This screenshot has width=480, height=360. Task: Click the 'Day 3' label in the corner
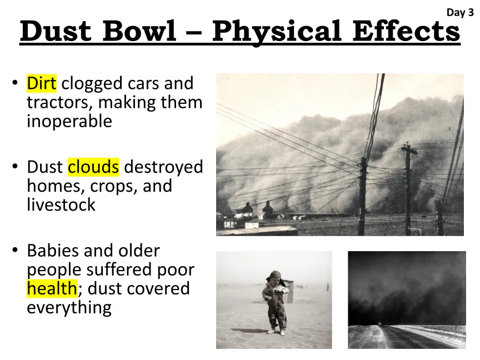click(460, 13)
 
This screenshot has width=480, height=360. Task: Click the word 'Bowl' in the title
click(139, 31)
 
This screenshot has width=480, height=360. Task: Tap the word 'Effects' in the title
click(406, 31)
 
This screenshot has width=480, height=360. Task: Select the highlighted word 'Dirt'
click(42, 83)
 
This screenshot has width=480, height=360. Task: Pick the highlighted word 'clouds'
click(93, 167)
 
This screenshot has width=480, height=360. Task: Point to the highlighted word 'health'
click(52, 288)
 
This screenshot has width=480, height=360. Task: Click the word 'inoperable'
click(69, 122)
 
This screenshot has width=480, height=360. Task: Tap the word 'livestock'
click(61, 205)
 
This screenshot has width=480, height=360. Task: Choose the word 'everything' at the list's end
click(69, 308)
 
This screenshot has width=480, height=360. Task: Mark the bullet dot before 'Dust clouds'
click(15, 167)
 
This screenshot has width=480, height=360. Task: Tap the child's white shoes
click(276, 332)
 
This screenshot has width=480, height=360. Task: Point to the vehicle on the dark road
click(380, 323)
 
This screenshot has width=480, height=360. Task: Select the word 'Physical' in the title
click(277, 32)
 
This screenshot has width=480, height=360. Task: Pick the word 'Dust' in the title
click(56, 31)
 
